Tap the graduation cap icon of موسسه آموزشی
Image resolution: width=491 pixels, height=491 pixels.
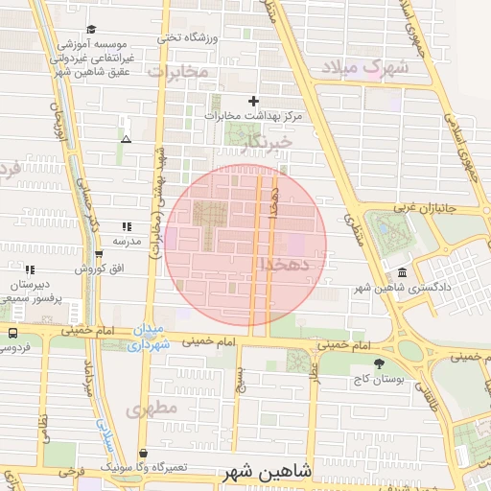tap(91, 30)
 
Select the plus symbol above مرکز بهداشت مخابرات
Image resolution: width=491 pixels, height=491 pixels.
tap(253, 101)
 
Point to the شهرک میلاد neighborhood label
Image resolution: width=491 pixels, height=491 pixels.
tap(365, 67)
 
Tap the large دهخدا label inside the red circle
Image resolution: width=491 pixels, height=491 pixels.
tap(283, 263)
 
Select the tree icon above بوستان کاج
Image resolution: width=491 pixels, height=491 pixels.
tap(379, 363)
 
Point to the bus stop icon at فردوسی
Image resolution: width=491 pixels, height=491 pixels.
tap(12, 333)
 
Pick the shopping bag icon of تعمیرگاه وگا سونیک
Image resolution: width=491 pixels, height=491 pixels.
tap(143, 454)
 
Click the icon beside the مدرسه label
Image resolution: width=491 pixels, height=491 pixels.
tap(126, 227)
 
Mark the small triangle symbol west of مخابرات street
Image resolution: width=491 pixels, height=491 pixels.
tap(126, 139)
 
